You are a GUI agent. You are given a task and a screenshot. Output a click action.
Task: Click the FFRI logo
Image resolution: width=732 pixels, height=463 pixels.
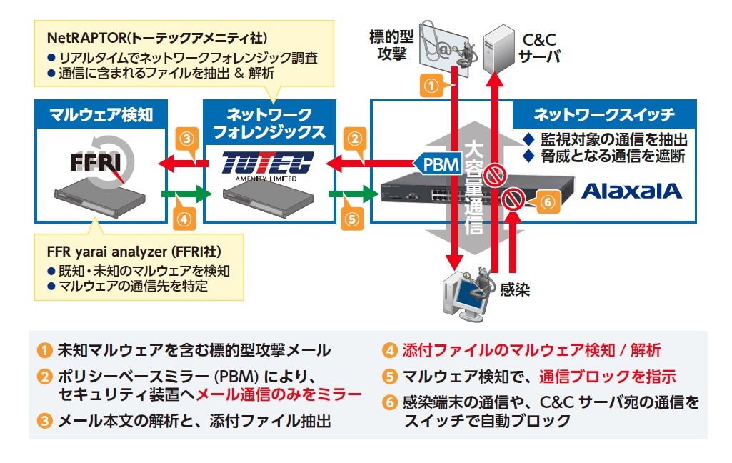point(99,162)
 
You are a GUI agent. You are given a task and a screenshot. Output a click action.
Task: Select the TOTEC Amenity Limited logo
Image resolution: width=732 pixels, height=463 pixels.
point(268,165)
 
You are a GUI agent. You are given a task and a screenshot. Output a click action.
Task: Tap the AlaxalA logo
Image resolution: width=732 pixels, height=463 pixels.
point(632,191)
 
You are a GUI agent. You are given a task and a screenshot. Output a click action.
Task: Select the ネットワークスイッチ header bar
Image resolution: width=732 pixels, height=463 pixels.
point(604,114)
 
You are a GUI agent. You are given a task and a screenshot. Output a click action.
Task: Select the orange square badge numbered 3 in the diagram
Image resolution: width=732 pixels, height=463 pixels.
point(186,138)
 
